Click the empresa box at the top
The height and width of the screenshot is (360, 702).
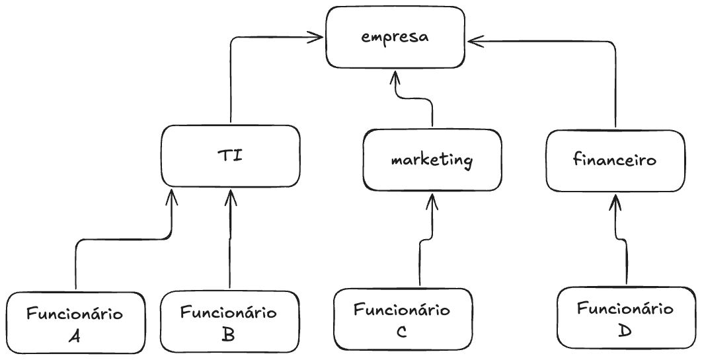click(x=395, y=37)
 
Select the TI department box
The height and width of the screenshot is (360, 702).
click(x=231, y=156)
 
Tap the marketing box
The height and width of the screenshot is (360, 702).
click(x=432, y=159)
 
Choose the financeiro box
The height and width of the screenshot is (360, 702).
click(x=615, y=160)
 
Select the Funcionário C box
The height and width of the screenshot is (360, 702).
click(x=402, y=320)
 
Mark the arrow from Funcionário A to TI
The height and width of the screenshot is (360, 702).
click(x=77, y=264)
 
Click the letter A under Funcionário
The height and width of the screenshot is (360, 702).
click(x=75, y=336)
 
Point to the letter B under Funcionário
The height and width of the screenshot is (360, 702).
click(x=229, y=335)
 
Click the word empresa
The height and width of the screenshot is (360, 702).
click(x=395, y=37)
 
